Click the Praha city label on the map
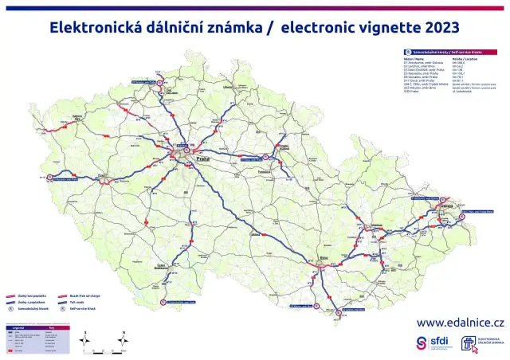(x=202, y=160)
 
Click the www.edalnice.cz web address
(x=461, y=323)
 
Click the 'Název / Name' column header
(x=414, y=58)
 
